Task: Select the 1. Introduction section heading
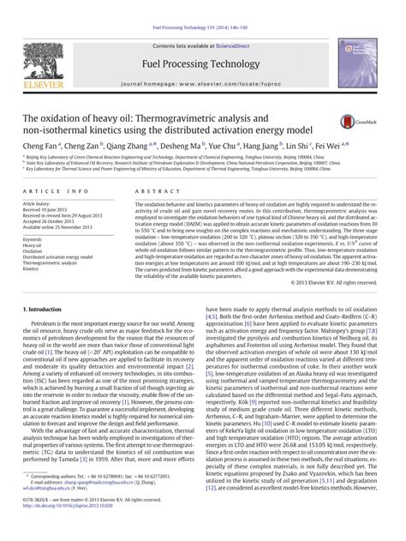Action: pyautogui.click(x=44, y=307)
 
